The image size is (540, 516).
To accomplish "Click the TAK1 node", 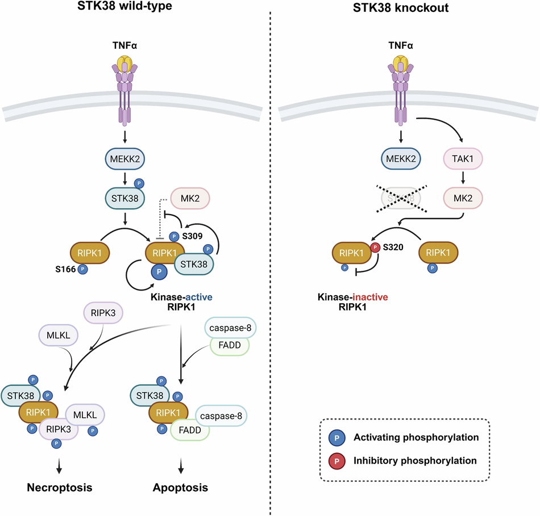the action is (463, 158).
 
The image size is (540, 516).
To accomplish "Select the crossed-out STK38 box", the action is (401, 198).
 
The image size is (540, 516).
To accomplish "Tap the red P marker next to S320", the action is (375, 247).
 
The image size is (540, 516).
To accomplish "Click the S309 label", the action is (192, 236).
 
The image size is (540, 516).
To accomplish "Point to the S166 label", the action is (65, 269).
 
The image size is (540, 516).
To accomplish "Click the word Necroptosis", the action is (60, 488).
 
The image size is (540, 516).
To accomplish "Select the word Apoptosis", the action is (180, 488).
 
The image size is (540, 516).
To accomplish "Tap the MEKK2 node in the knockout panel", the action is (401, 158).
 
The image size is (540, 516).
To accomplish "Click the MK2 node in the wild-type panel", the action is (190, 198).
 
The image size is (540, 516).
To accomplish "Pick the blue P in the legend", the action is (337, 438).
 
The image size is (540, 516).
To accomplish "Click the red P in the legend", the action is (337, 462).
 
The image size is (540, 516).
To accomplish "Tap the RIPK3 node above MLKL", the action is (103, 313).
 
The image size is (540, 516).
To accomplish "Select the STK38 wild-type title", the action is (124, 6).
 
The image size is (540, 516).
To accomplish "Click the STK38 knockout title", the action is (401, 7).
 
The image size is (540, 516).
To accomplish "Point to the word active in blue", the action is (199, 297).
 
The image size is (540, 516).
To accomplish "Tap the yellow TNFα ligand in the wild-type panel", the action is (124, 64).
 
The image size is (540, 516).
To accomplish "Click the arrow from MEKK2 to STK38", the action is (125, 179).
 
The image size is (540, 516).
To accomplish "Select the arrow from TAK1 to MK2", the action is (463, 178).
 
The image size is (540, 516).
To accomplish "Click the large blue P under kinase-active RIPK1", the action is (159, 272).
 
